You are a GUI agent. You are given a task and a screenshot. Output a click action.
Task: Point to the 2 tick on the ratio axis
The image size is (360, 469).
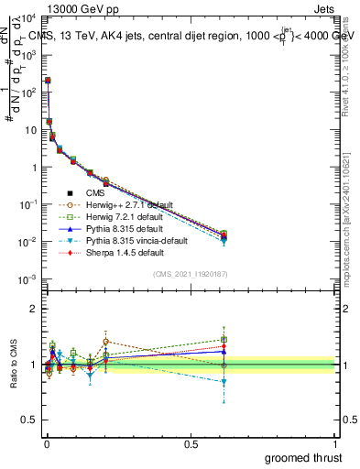pos(34,309)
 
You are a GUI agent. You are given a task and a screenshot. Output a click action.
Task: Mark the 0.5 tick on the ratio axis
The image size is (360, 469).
pos(30,422)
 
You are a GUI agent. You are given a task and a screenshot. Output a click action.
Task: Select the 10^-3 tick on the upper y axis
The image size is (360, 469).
pos(27,279)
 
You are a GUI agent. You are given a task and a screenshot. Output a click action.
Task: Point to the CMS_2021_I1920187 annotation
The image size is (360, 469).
pos(191,274)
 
